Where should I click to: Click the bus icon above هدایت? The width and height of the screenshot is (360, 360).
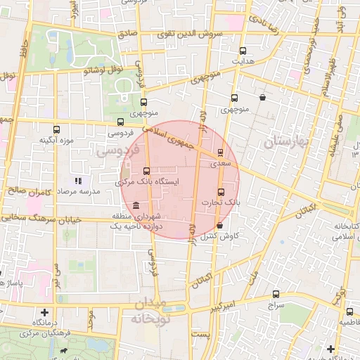pyautogui.click(x=243, y=51)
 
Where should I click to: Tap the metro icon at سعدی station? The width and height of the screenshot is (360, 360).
pyautogui.click(x=220, y=152)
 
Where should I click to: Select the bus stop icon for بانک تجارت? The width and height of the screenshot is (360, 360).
pyautogui.click(x=221, y=192)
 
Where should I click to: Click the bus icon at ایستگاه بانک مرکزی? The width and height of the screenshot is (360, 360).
pyautogui.click(x=146, y=171)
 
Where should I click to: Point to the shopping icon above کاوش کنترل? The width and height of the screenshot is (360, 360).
pyautogui.click(x=221, y=226)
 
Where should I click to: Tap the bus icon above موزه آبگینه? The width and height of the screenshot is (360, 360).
pyautogui.click(x=57, y=129)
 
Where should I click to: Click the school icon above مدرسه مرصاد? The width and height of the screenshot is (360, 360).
pyautogui.click(x=78, y=181)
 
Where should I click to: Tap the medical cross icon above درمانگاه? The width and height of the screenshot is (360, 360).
pyautogui.click(x=45, y=311)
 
